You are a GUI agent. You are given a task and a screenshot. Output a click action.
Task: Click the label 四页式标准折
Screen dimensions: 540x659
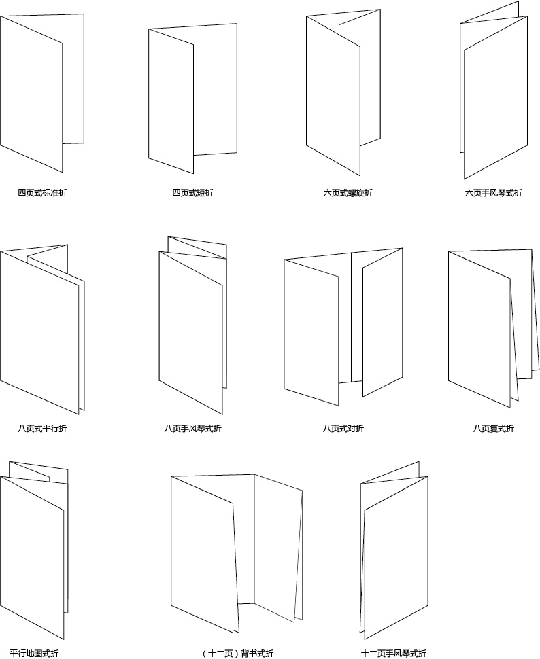pyautogui.click(x=42, y=193)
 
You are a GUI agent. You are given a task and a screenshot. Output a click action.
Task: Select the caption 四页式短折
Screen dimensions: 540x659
pyautogui.click(x=192, y=193)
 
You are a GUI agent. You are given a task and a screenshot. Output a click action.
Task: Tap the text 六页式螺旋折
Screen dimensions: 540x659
pyautogui.click(x=348, y=193)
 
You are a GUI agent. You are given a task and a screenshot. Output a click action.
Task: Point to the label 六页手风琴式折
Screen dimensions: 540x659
pyautogui.click(x=493, y=193)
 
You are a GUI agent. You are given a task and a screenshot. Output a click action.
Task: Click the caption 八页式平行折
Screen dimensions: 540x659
pyautogui.click(x=42, y=429)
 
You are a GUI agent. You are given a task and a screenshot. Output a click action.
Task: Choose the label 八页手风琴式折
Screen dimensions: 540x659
pyautogui.click(x=192, y=429)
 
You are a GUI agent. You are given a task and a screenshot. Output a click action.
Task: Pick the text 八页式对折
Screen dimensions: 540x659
pyautogui.click(x=343, y=429)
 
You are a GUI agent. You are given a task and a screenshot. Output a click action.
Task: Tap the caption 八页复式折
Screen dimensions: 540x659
pyautogui.click(x=493, y=429)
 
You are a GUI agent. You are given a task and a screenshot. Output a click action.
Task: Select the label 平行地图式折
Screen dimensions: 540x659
pyautogui.click(x=34, y=653)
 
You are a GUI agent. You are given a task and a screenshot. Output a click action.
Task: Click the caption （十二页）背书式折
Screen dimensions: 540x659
pyautogui.click(x=237, y=653)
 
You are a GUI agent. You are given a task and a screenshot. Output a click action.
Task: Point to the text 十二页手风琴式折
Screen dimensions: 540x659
pyautogui.click(x=394, y=653)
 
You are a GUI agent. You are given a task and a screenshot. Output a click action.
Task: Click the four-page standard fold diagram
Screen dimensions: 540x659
pyautogui.click(x=42, y=93)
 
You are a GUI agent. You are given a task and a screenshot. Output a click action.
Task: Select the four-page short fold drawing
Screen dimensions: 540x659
pyautogui.click(x=192, y=99)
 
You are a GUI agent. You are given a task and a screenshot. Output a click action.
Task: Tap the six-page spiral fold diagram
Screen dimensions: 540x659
pyautogui.click(x=343, y=92)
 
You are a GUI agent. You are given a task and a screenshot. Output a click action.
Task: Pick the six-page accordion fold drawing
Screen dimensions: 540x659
pyautogui.click(x=494, y=90)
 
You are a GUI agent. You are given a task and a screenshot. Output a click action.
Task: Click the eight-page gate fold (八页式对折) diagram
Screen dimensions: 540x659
pyautogui.click(x=343, y=327)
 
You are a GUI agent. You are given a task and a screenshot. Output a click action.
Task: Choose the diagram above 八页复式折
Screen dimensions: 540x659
pyautogui.click(x=494, y=329)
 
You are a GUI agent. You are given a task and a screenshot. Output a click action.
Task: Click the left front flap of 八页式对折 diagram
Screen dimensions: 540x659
pyautogui.click(x=311, y=332)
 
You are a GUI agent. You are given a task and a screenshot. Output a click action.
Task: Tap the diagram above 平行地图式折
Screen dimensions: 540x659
pyautogui.click(x=34, y=550)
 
